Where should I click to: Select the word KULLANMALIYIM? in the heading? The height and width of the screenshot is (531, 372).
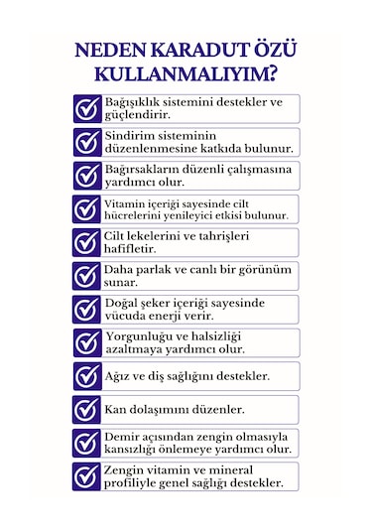pyautogui.click(x=186, y=74)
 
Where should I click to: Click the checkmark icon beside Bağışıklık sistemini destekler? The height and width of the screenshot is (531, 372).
pyautogui.click(x=87, y=108)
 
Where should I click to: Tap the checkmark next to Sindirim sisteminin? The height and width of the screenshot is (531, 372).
pyautogui.click(x=87, y=142)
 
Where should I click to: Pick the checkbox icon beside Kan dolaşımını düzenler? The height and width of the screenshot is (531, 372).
pyautogui.click(x=87, y=409)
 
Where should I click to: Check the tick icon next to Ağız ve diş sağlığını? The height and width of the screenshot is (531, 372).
pyautogui.click(x=87, y=376)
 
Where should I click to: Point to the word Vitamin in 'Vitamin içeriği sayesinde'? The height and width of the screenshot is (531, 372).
pyautogui.click(x=126, y=202)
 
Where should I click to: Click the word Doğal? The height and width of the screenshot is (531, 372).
pyautogui.click(x=124, y=303)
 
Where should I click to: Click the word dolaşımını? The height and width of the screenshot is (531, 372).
pyautogui.click(x=166, y=409)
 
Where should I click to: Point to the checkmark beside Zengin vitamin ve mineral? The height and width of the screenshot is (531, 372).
pyautogui.click(x=87, y=475)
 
